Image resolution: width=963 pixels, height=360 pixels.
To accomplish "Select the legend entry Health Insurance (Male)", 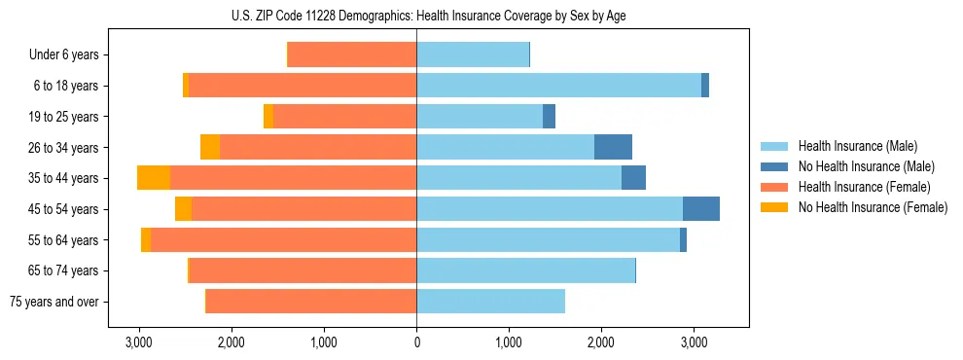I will pyautogui.click(x=857, y=146).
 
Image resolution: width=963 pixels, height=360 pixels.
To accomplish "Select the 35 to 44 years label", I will pyautogui.click(x=64, y=178).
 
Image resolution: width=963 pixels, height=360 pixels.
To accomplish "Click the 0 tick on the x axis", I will pyautogui.click(x=416, y=342).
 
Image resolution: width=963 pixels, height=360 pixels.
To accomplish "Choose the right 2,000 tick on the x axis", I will pyautogui.click(x=601, y=342).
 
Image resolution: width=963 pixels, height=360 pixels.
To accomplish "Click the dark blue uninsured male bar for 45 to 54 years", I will pyautogui.click(x=701, y=209).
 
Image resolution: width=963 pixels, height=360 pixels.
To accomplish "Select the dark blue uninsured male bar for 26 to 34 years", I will pyautogui.click(x=613, y=147).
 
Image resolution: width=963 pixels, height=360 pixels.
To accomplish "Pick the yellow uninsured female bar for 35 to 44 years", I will pyautogui.click(x=154, y=178).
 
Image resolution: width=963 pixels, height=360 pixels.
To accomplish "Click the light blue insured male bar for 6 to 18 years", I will pyautogui.click(x=558, y=86).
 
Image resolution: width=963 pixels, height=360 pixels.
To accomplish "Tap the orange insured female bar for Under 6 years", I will pyautogui.click(x=352, y=55).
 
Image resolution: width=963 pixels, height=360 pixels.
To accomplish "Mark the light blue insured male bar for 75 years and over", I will pyautogui.click(x=490, y=302).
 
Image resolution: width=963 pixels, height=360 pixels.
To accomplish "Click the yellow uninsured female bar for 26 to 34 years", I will pyautogui.click(x=210, y=147).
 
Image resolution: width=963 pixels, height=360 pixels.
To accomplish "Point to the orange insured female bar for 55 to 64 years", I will pyautogui.click(x=283, y=239).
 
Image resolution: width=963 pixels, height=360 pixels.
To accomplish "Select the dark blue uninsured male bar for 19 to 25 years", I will pyautogui.click(x=549, y=117).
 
